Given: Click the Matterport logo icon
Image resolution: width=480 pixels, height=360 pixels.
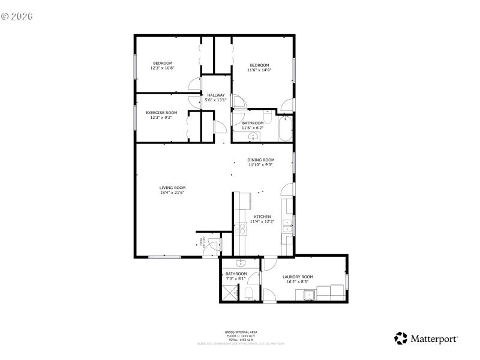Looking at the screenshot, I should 401,338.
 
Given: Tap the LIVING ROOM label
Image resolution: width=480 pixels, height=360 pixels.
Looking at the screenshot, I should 172,188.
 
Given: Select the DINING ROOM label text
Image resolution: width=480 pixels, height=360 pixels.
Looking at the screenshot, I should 261,160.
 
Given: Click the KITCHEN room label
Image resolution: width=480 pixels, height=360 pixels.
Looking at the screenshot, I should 262,217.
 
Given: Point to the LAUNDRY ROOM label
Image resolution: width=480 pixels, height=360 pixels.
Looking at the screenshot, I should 298,277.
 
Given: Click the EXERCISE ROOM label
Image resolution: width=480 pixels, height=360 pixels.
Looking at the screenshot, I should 161,112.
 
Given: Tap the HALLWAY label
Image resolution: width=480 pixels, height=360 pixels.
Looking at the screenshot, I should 216,95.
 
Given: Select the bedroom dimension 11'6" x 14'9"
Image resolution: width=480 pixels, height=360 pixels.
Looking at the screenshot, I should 259,70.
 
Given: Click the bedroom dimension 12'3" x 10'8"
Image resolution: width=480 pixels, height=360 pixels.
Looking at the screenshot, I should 162,68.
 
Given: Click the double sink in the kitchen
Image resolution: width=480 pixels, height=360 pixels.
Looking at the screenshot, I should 287,226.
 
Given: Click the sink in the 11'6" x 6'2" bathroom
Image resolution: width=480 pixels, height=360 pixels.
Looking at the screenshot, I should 254,136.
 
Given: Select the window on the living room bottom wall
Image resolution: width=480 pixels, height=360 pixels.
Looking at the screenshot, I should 164,257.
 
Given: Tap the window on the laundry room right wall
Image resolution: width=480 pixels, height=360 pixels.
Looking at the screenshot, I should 347,280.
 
